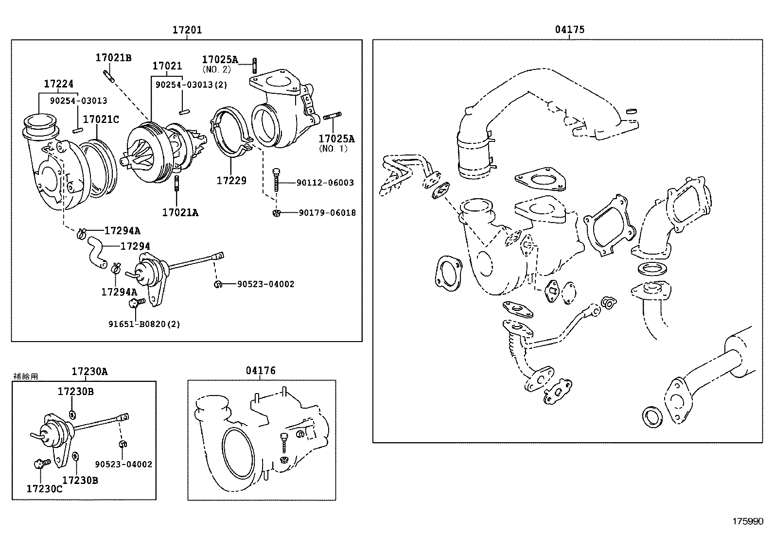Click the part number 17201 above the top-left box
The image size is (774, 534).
tap(187, 30)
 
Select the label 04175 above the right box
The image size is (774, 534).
tap(570, 30)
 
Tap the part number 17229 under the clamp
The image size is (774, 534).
tap(231, 181)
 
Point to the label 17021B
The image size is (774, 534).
tap(113, 58)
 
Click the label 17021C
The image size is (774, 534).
tap(101, 120)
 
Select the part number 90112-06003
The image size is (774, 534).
tap(325, 183)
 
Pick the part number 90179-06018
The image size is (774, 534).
tap(327, 213)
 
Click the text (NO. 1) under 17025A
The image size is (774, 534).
tap(334, 149)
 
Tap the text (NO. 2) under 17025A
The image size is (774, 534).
tap(217, 69)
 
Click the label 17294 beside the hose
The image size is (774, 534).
tap(135, 247)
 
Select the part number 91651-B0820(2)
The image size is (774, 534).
tap(144, 324)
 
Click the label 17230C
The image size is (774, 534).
tap(44, 489)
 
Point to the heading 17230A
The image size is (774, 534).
tap(89, 372)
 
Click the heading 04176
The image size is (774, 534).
tap(261, 371)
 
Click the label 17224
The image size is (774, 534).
tap(58, 84)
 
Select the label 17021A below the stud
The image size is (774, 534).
tap(180, 212)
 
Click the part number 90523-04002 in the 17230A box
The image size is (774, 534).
tap(123, 465)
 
